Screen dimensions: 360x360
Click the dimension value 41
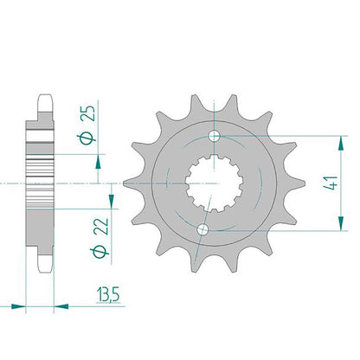[x=331, y=183]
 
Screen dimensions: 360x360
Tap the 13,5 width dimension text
[x=108, y=294]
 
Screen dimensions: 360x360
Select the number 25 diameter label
[x=87, y=113]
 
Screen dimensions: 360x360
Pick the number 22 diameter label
[x=101, y=227]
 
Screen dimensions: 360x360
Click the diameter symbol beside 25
[x=87, y=138]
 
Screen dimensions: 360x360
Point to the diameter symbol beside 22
[x=100, y=252]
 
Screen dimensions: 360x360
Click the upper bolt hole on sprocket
[x=214, y=136]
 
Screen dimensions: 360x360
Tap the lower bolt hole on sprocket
[x=202, y=229]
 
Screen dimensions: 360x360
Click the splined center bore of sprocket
[x=214, y=183]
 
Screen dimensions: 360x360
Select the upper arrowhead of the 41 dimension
[x=341, y=143]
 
